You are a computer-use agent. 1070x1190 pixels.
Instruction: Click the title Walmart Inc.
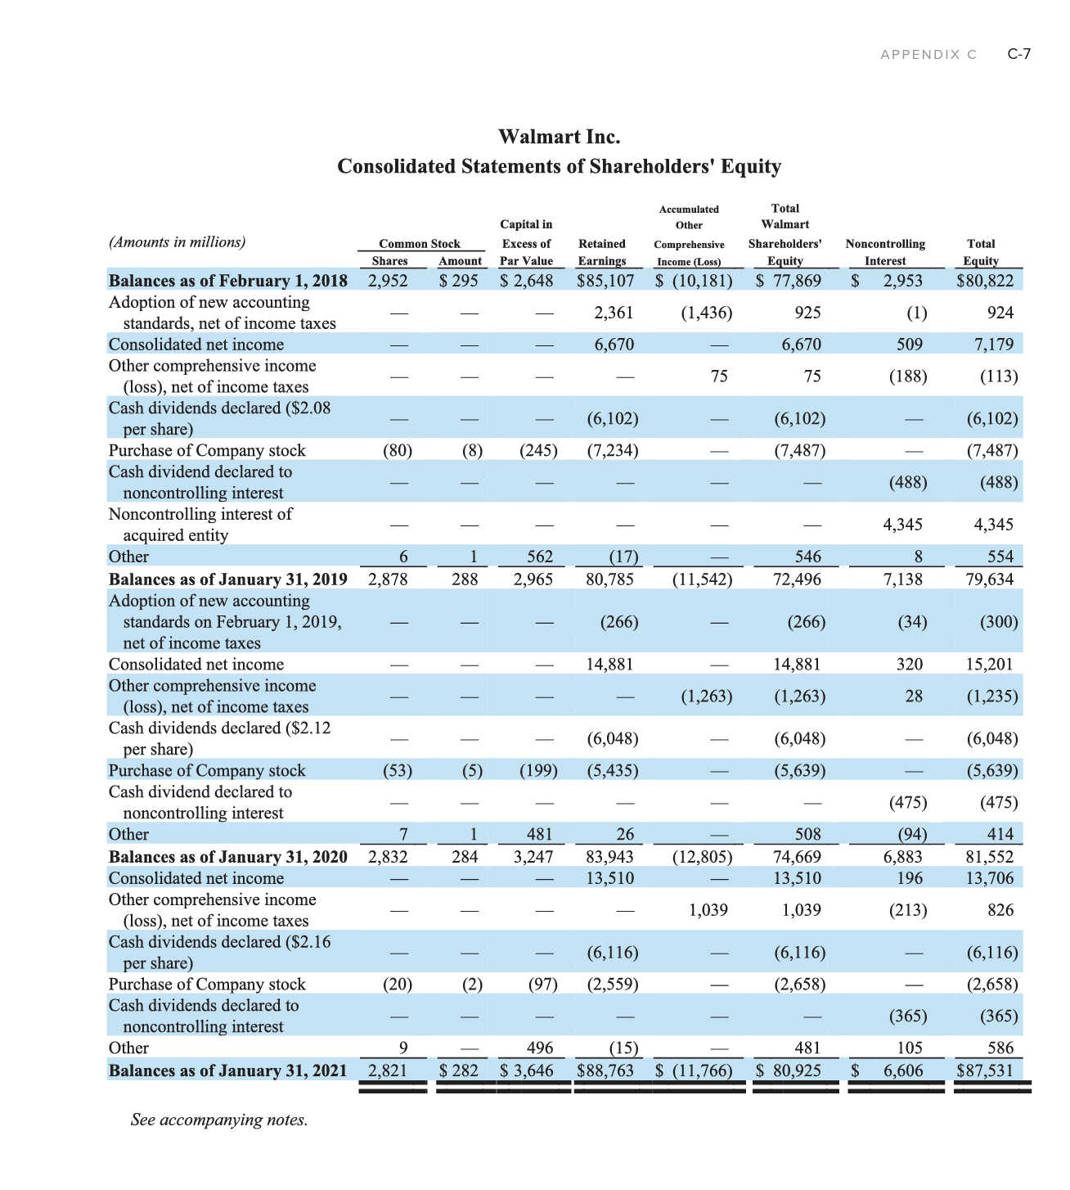(x=559, y=137)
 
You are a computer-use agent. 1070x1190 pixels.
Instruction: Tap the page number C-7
(x=1018, y=54)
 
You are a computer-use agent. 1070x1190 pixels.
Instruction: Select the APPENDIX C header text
(x=928, y=55)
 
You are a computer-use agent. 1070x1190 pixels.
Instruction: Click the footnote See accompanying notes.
(x=219, y=1120)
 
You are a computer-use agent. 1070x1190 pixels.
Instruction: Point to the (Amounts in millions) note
(x=177, y=242)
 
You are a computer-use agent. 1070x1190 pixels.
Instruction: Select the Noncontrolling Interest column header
(x=885, y=252)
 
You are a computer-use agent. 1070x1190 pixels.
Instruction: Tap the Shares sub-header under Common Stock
(x=389, y=261)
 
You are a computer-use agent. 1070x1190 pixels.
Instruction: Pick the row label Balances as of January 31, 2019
(x=227, y=579)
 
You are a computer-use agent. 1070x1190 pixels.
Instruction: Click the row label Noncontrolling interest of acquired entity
(x=200, y=525)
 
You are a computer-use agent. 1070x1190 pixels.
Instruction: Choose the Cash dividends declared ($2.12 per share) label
(x=219, y=738)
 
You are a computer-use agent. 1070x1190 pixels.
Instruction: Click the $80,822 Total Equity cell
(x=985, y=281)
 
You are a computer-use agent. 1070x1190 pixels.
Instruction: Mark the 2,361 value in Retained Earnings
(x=614, y=313)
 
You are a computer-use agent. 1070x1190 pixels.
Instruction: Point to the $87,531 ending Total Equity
(x=985, y=1071)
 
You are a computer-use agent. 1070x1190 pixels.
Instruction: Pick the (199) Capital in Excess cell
(x=538, y=771)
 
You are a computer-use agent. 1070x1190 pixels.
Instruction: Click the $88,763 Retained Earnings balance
(x=605, y=1071)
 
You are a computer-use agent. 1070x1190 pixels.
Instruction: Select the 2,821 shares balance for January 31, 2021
(x=388, y=1071)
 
